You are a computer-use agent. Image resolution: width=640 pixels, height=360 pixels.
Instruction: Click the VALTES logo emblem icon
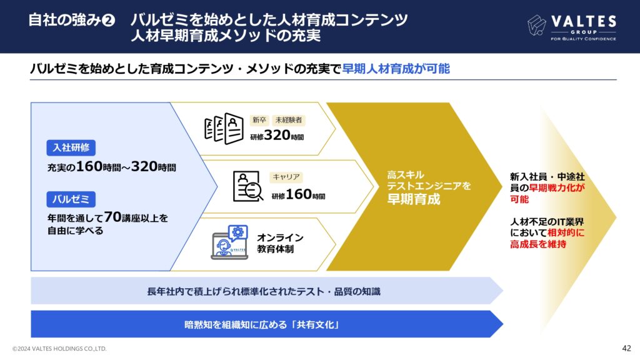(x=536, y=25)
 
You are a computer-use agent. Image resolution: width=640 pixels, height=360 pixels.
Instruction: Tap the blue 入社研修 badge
(x=71, y=147)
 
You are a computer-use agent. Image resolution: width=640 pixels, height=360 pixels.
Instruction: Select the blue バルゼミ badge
(x=71, y=199)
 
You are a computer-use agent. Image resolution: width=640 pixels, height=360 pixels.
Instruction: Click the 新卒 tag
(x=259, y=120)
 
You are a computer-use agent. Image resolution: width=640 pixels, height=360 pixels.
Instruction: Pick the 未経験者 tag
(x=289, y=120)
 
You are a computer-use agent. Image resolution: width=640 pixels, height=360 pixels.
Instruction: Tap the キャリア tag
(x=286, y=177)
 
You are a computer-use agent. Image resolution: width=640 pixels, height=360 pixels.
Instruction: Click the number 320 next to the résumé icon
(x=277, y=135)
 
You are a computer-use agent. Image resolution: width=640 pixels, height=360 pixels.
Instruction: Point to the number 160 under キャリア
(x=299, y=194)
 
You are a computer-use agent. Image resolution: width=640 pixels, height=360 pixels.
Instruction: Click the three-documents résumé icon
(x=224, y=128)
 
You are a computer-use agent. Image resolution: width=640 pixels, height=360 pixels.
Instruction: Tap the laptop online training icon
(x=229, y=242)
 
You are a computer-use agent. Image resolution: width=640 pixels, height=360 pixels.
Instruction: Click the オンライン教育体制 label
(x=280, y=243)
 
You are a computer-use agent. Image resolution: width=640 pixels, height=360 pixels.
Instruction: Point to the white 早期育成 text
(x=414, y=199)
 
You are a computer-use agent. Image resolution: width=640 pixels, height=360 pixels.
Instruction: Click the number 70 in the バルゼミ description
(x=112, y=217)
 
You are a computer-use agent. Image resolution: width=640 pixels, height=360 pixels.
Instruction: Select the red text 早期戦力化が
(x=557, y=187)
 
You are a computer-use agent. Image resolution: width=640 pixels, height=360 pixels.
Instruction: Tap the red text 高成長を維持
(x=538, y=244)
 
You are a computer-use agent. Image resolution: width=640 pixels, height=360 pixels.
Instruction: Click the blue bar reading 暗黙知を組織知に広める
(x=267, y=324)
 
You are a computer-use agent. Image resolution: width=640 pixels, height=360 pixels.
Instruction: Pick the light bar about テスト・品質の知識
(x=267, y=291)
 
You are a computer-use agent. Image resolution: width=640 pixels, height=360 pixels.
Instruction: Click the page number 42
(x=626, y=348)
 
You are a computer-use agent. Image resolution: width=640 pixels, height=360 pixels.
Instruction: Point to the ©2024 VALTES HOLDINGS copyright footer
(x=59, y=349)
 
